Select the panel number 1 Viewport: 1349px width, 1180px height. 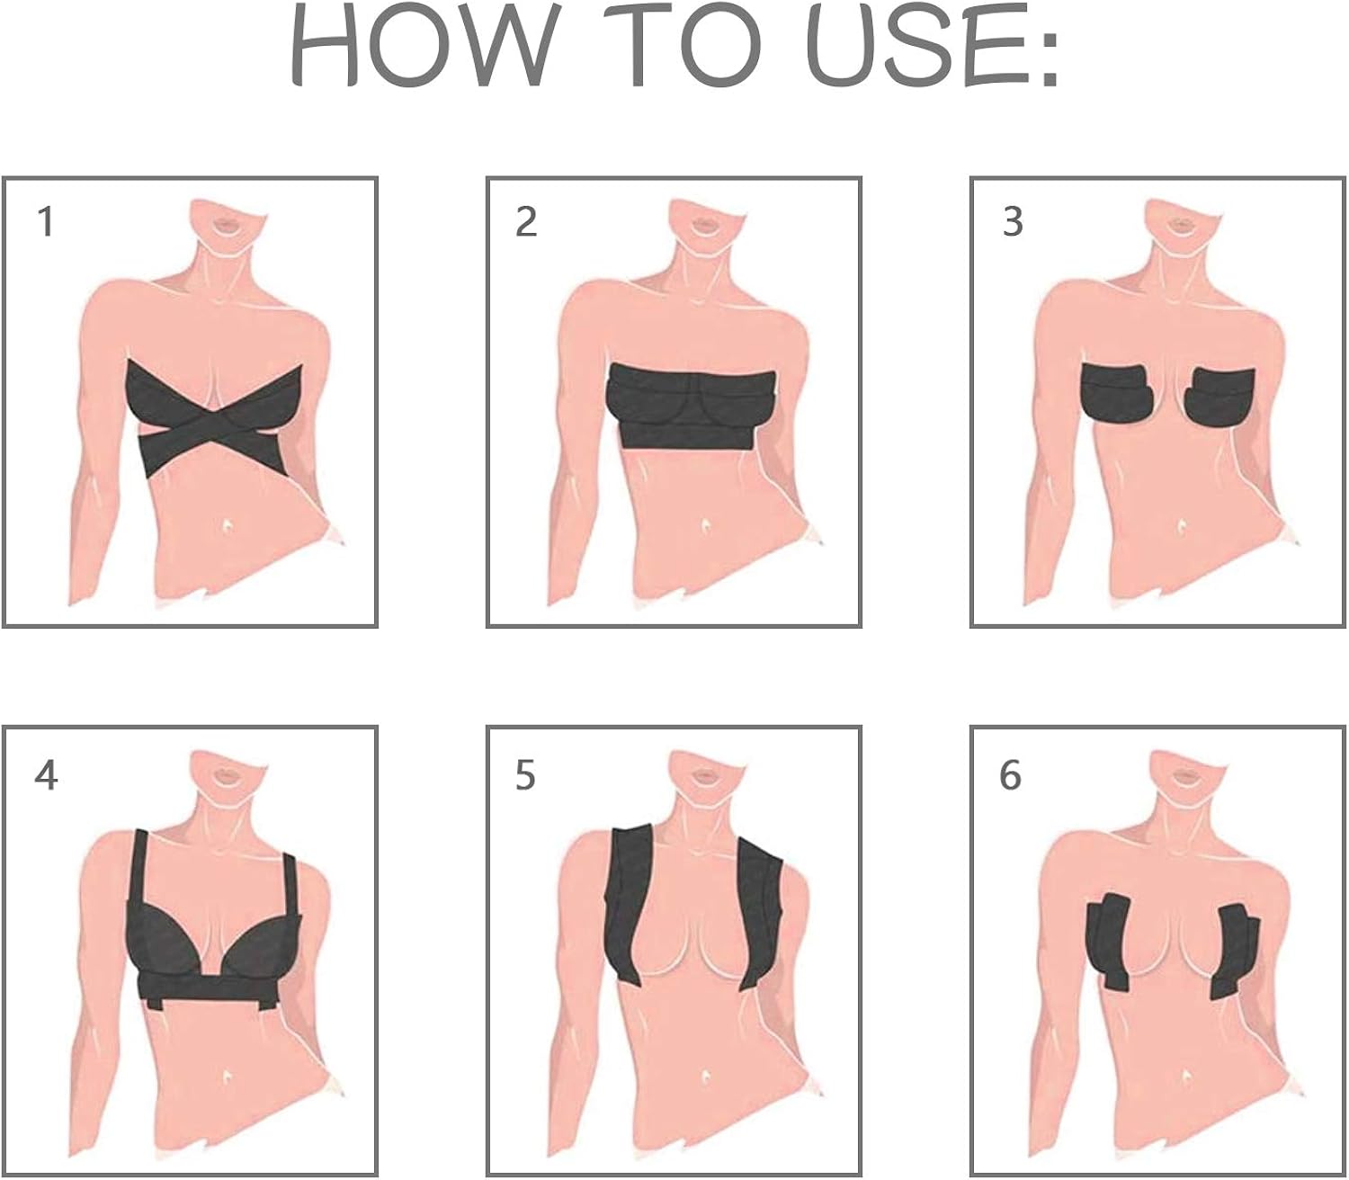[46, 221]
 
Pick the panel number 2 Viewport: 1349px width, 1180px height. [526, 221]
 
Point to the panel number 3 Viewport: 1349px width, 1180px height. [1013, 221]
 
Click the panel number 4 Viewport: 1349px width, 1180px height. [46, 774]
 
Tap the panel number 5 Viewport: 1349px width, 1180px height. [526, 774]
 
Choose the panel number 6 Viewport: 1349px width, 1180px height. [1011, 774]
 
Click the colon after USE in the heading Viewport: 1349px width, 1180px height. [1048, 58]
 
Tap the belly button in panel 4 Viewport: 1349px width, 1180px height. [225, 1076]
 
